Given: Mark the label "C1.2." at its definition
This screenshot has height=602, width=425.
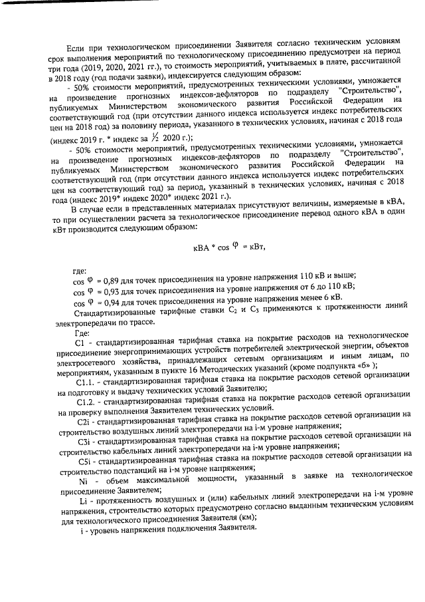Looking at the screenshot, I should [x=87, y=404].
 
